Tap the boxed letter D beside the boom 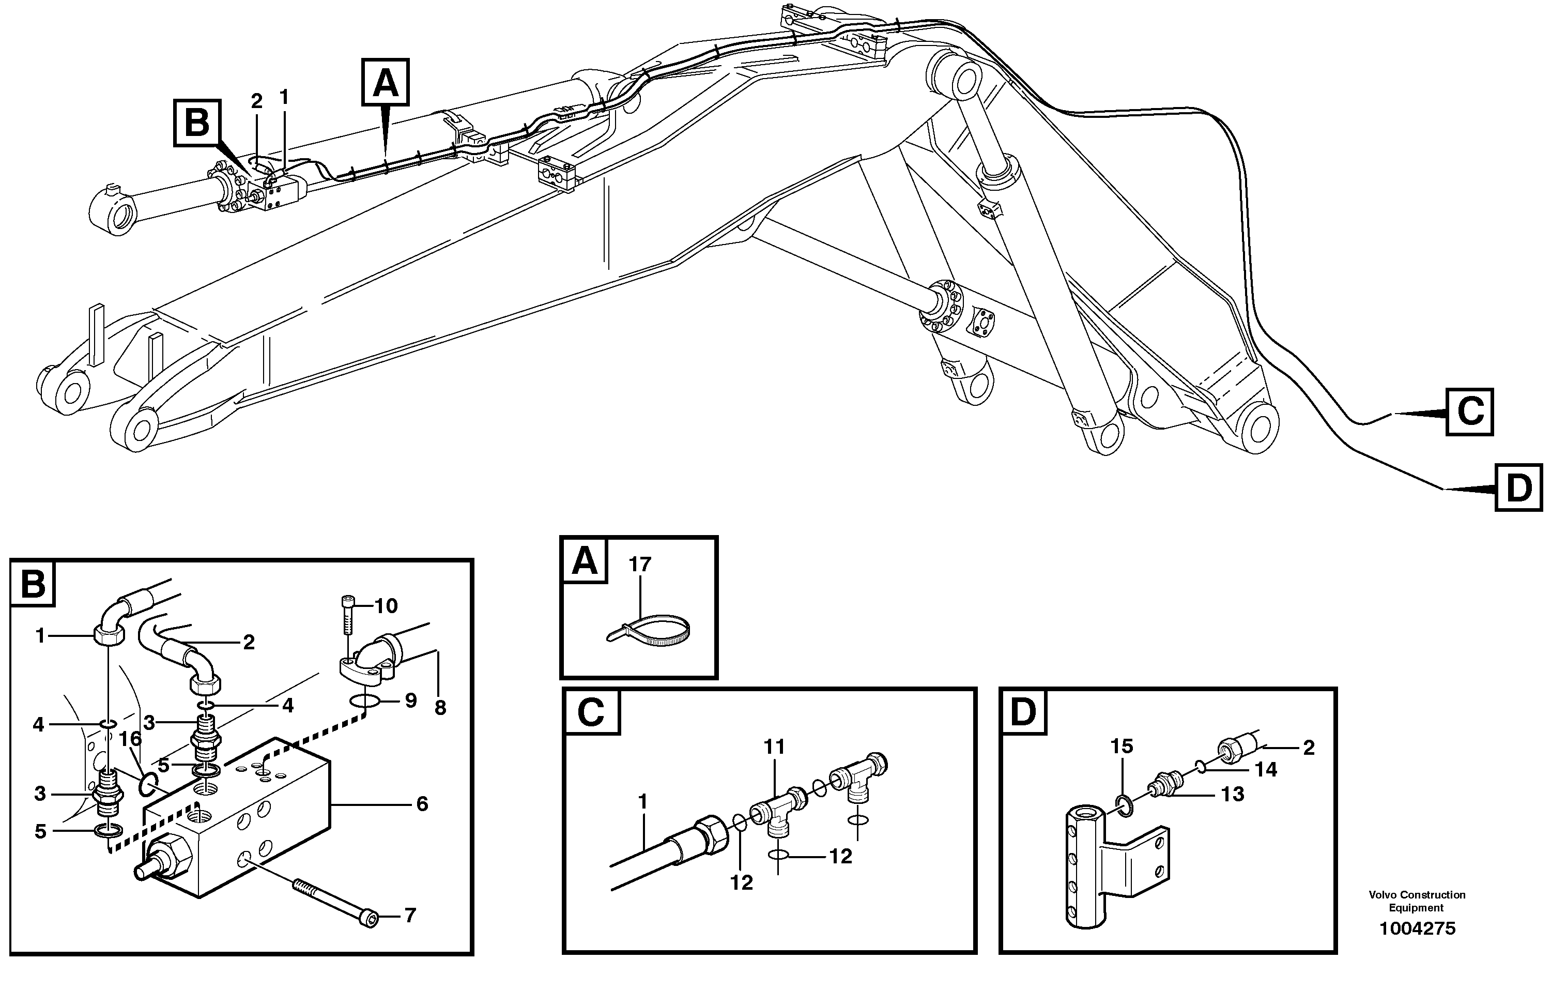pyautogui.click(x=1519, y=488)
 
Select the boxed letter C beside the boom pyautogui.click(x=1470, y=412)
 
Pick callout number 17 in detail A pyautogui.click(x=640, y=564)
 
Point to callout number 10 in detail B pyautogui.click(x=386, y=605)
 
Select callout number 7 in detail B pyautogui.click(x=410, y=915)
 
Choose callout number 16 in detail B pyautogui.click(x=131, y=739)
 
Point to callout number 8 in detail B pyautogui.click(x=440, y=708)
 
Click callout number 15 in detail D pyautogui.click(x=1122, y=747)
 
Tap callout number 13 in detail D pyautogui.click(x=1232, y=794)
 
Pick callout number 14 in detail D pyautogui.click(x=1266, y=769)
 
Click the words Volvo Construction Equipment pyautogui.click(x=1417, y=901)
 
